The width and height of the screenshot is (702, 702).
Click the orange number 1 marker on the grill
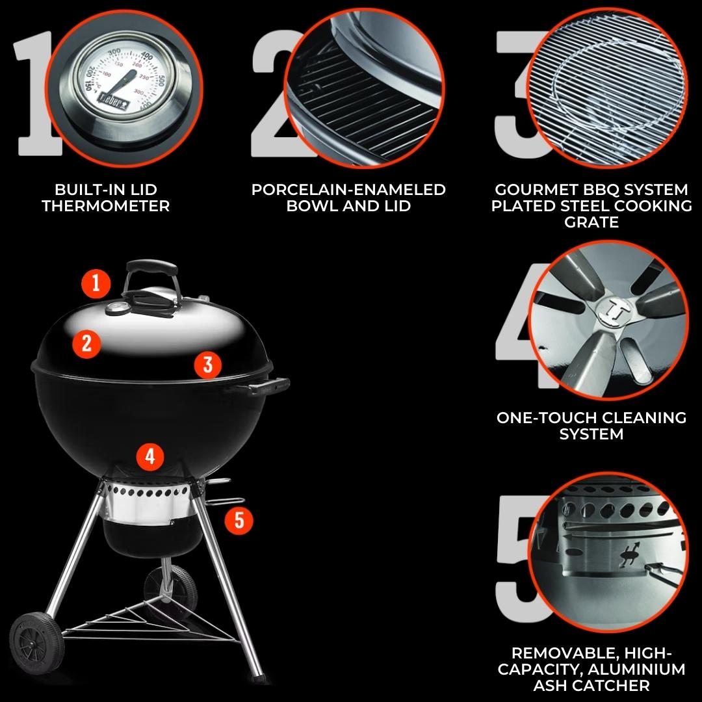pos(96,283)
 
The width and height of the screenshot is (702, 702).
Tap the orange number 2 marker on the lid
pos(87,343)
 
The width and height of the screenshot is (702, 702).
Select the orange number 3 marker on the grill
pos(208,365)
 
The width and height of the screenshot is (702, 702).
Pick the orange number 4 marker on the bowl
pos(150,457)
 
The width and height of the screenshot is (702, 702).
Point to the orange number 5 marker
pos(239,520)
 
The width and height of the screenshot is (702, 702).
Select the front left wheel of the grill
pos(36,642)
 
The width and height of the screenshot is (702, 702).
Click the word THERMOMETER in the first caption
pos(106,206)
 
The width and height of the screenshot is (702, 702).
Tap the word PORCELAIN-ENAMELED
pos(348,189)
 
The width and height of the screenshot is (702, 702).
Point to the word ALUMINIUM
pos(636,669)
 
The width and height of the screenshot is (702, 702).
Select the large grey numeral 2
pos(278,94)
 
